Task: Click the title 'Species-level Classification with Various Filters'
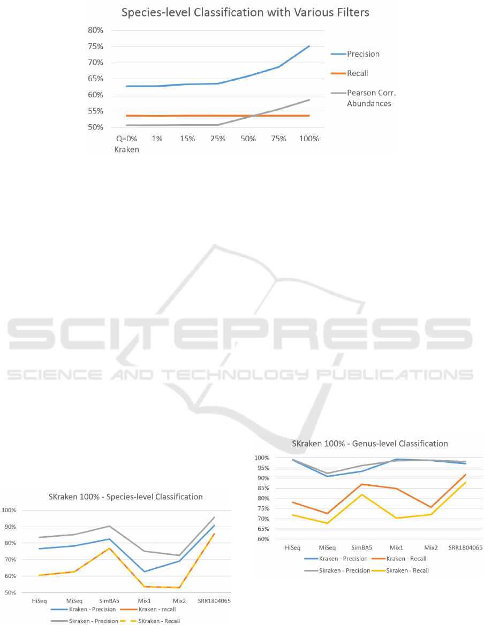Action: coord(245,12)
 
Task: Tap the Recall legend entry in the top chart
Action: coord(358,73)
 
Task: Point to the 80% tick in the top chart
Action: coord(95,30)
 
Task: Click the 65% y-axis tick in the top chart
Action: coord(95,79)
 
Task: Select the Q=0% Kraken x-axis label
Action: coord(126,144)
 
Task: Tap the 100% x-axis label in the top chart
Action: coord(309,139)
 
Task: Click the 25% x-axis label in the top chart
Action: coord(218,139)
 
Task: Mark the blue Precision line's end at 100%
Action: coord(309,46)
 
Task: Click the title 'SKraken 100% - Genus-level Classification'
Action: coord(369,444)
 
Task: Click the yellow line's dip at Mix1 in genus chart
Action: coord(397,518)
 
